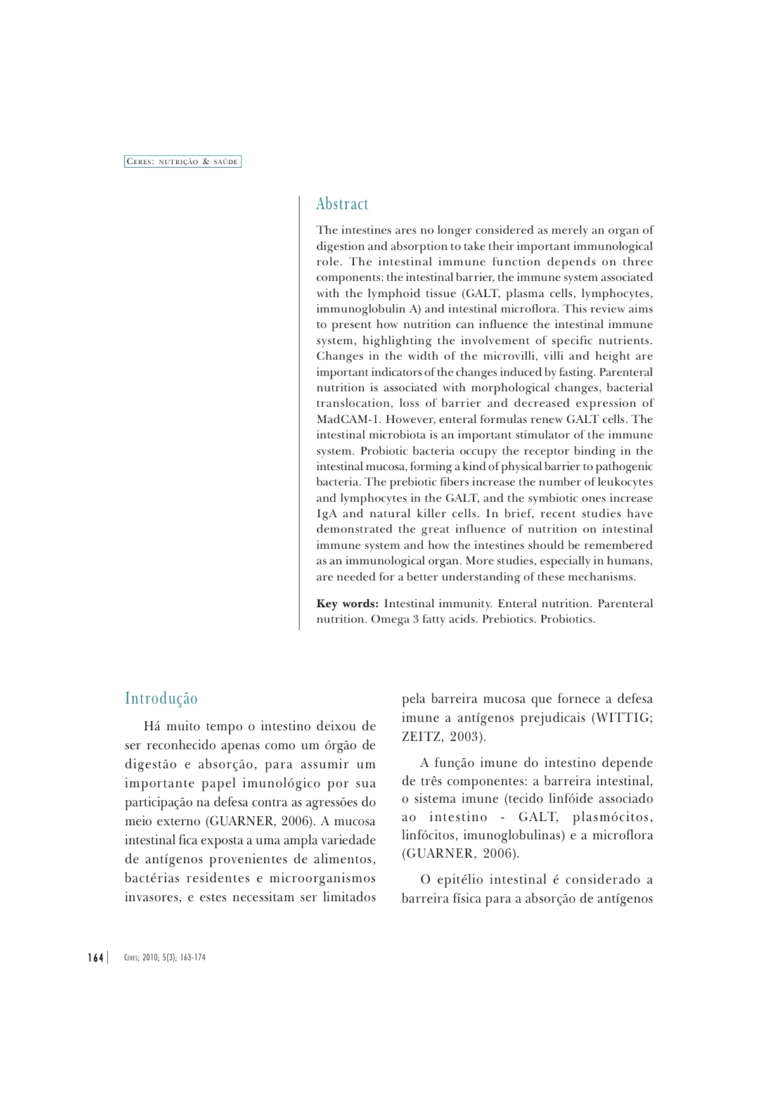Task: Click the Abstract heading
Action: click(x=342, y=204)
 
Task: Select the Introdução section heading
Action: click(x=161, y=698)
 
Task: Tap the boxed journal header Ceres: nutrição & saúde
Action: click(x=183, y=162)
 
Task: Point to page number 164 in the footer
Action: click(x=95, y=957)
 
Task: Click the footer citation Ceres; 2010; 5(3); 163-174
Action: click(x=165, y=957)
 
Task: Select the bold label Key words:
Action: click(x=347, y=604)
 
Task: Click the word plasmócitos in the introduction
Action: click(x=613, y=817)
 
